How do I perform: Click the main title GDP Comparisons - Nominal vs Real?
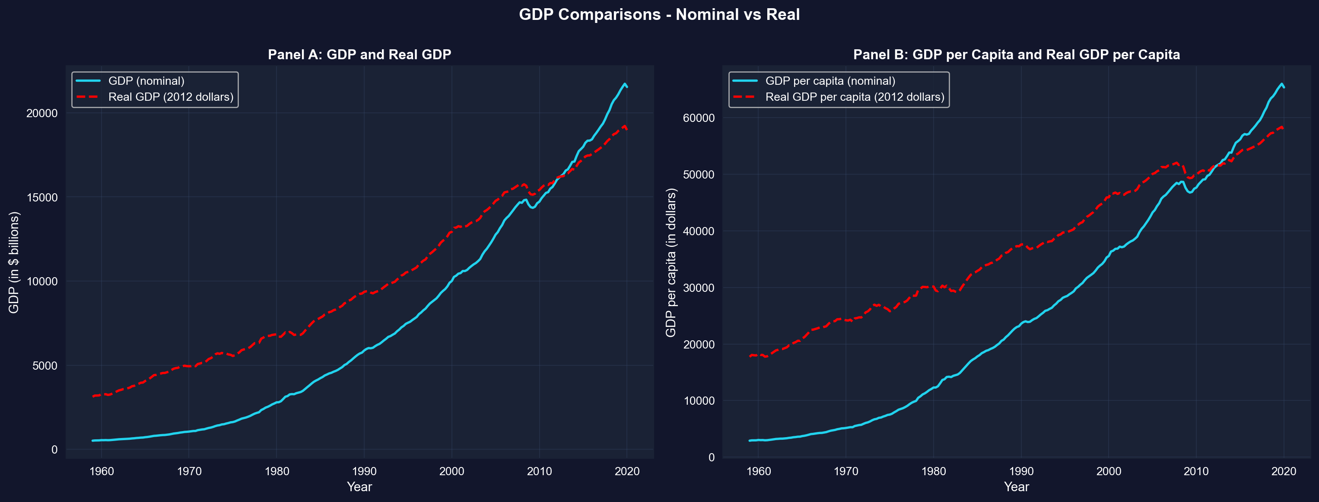pos(659,14)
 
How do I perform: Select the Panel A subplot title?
pos(359,55)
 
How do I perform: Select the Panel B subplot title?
pos(1017,55)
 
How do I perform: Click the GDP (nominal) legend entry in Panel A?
pos(146,81)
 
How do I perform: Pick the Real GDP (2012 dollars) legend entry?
pos(171,97)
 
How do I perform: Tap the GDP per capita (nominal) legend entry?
pos(830,81)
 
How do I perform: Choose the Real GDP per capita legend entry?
pos(855,97)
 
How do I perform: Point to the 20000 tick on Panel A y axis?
pos(42,113)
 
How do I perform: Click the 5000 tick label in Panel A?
pos(45,366)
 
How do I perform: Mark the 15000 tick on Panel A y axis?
pos(42,198)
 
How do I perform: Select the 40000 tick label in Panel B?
pos(699,231)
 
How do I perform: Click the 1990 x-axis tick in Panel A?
pos(364,471)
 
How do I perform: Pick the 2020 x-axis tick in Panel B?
pos(1284,471)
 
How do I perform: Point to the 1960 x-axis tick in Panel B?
pos(758,471)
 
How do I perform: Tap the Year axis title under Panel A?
pos(359,486)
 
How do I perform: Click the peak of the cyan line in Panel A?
pos(625,83)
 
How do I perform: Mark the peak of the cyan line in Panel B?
pos(1281,83)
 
